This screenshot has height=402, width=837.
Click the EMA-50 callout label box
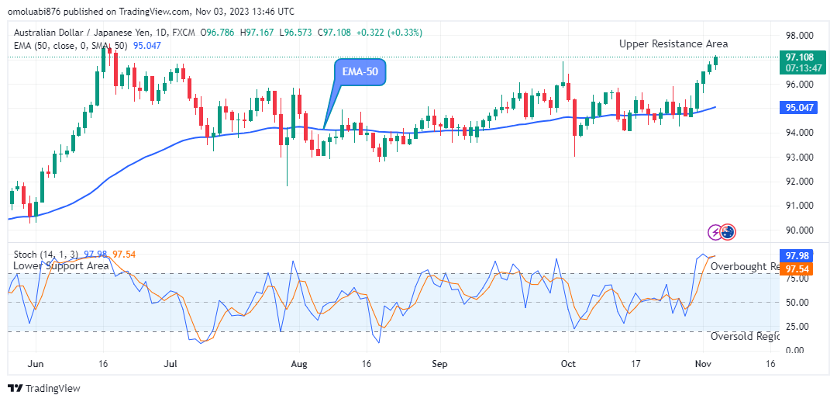[360, 72]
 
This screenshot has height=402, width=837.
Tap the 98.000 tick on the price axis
[799, 36]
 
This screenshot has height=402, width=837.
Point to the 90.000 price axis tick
[799, 230]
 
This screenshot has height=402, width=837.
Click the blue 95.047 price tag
[798, 108]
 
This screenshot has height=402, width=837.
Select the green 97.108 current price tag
[799, 57]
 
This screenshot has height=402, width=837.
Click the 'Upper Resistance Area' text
[673, 44]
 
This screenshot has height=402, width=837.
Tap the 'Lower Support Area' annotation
[61, 265]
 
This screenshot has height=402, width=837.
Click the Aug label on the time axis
[299, 363]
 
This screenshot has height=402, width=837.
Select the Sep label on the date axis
[439, 363]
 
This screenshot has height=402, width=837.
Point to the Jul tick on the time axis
[171, 363]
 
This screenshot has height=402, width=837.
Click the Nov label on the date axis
[703, 363]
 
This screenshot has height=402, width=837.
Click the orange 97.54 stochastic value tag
[797, 269]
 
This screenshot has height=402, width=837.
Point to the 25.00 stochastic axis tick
[797, 327]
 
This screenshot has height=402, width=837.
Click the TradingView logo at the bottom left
[45, 388]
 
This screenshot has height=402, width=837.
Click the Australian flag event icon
[728, 231]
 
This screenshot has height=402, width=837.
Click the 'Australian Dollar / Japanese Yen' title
[88, 33]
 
